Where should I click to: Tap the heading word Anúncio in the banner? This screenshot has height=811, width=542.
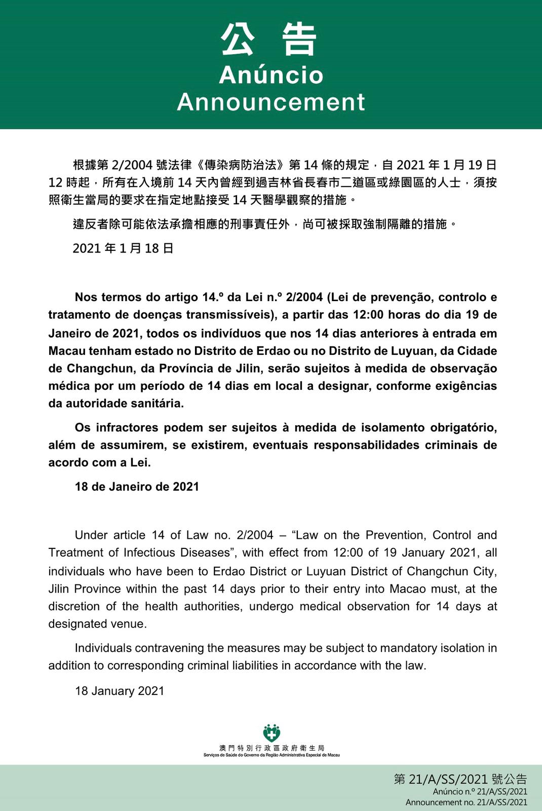click(271, 75)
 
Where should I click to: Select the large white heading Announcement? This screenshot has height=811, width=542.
click(271, 102)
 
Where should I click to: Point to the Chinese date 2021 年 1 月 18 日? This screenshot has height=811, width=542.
click(123, 248)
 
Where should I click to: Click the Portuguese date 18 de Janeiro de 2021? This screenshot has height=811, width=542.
click(137, 487)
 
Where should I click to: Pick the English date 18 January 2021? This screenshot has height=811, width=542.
click(120, 691)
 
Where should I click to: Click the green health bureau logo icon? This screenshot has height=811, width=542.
click(272, 733)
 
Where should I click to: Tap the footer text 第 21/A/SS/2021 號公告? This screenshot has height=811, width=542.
click(460, 780)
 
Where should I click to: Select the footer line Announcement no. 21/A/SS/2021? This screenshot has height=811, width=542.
click(466, 802)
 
